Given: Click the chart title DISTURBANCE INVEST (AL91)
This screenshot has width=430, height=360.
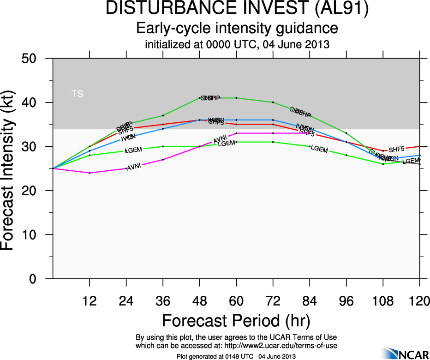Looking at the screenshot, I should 237,9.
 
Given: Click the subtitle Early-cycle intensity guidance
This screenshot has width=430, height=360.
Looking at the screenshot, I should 237,28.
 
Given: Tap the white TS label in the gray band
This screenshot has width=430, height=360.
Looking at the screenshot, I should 78,94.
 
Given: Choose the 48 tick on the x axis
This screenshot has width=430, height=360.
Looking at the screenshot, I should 199,301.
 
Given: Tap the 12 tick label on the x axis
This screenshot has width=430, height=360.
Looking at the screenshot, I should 90,301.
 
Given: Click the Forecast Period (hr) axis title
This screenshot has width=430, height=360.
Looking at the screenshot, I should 236,320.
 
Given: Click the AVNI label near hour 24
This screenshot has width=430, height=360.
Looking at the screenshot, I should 133,167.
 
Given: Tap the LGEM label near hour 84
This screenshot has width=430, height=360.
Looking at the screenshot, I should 319,149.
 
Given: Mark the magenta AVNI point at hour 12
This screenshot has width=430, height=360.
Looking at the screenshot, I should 90,173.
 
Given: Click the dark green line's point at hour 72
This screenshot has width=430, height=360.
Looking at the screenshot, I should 273,102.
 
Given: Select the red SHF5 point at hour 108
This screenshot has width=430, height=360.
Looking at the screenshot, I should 383,151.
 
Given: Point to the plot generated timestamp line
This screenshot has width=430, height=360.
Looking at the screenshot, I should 236,356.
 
